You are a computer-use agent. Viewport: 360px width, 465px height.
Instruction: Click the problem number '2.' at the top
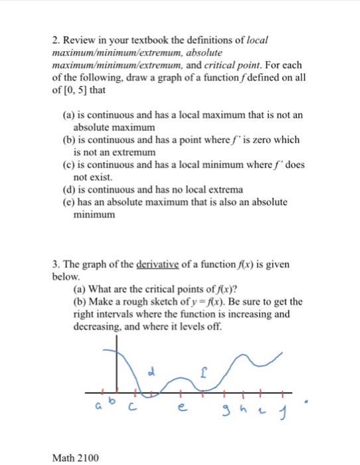pos(56,42)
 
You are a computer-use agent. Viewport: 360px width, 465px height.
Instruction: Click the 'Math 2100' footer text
pos(74,458)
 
